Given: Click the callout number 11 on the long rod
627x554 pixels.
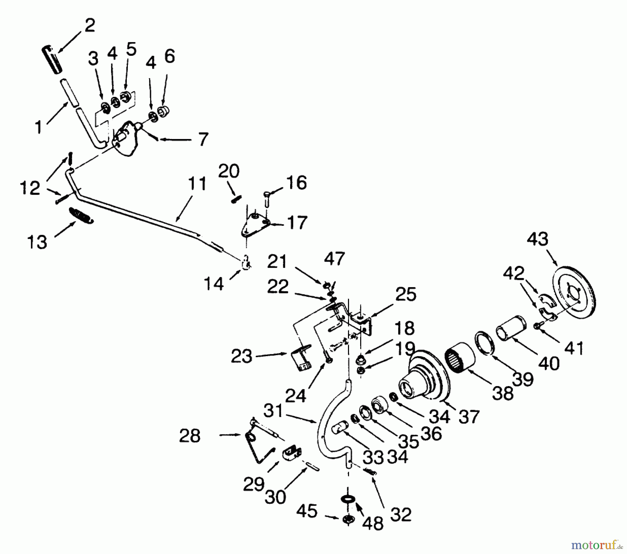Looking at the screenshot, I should [197, 184].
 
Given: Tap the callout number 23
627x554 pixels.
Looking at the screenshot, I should [241, 356].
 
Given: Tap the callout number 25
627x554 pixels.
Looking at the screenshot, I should [406, 295].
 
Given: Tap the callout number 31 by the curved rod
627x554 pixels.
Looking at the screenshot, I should [273, 412].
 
